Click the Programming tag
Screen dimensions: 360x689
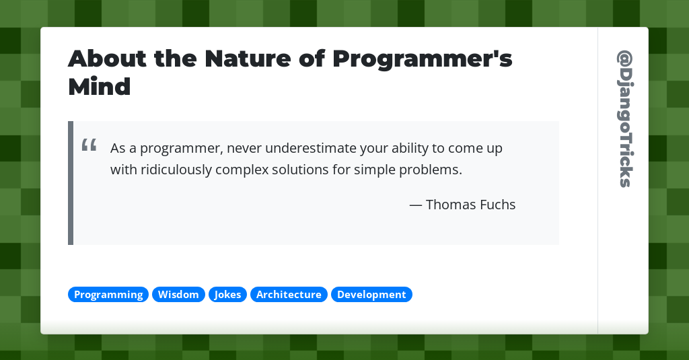click(108, 295)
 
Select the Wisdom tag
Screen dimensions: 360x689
click(178, 295)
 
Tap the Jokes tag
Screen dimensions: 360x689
click(227, 295)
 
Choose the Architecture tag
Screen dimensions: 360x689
click(289, 295)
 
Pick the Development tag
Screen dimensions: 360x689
click(371, 295)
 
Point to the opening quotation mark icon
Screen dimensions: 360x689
click(89, 145)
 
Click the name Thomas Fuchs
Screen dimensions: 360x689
click(470, 205)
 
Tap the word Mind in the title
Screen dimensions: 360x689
click(99, 87)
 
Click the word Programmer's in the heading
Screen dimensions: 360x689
click(422, 59)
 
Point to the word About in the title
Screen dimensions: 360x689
click(108, 59)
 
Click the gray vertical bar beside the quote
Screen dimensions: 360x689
click(71, 183)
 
